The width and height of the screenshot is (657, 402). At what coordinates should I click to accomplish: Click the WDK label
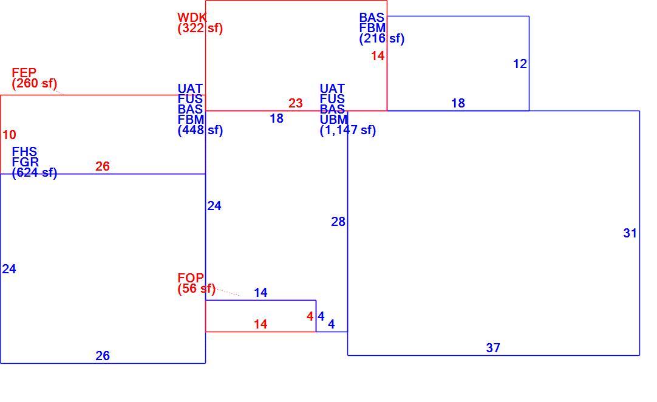(x=192, y=18)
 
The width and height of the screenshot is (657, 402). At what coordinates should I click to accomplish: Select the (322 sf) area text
(x=200, y=29)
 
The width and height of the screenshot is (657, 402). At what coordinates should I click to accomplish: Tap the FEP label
(x=24, y=73)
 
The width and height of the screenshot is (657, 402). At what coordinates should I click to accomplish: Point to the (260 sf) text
(x=35, y=83)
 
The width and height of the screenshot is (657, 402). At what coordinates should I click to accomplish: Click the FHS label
(x=24, y=152)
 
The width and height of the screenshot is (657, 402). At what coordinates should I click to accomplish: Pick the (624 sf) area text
(x=35, y=172)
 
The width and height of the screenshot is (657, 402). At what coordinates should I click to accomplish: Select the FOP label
(x=191, y=278)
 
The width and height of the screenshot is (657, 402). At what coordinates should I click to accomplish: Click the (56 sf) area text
(x=196, y=289)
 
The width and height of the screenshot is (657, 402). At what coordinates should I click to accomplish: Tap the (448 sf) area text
(x=200, y=131)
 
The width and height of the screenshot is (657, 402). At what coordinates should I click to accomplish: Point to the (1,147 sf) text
(x=348, y=131)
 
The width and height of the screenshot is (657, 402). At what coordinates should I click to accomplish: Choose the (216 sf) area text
(x=382, y=39)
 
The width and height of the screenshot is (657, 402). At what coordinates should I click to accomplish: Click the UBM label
(x=333, y=120)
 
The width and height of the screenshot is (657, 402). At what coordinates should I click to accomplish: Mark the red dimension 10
(x=9, y=135)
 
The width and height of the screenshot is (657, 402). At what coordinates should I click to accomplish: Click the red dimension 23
(x=295, y=103)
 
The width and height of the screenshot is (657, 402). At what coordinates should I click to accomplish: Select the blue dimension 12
(x=520, y=64)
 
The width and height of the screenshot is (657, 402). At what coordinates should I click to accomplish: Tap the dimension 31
(x=630, y=233)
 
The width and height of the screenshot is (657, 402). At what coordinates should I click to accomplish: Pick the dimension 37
(x=493, y=348)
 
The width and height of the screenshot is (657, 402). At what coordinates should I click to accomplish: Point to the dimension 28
(x=338, y=222)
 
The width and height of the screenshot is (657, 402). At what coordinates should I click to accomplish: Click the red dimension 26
(x=102, y=166)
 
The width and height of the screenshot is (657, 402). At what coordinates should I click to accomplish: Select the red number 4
(x=310, y=316)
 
